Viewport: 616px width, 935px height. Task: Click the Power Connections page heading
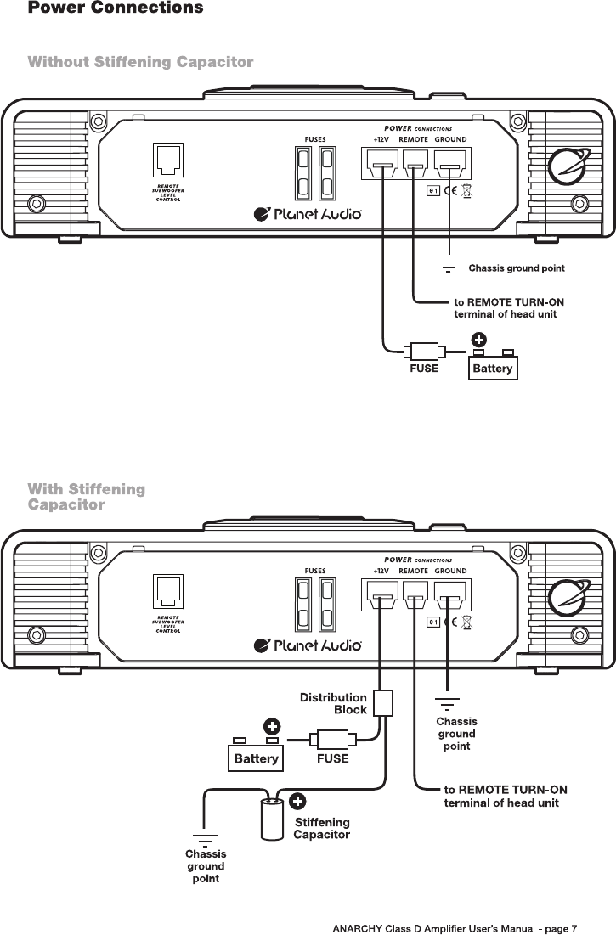click(x=116, y=8)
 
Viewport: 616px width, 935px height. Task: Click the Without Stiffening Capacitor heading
click(x=140, y=62)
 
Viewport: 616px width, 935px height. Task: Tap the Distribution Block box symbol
click(x=384, y=703)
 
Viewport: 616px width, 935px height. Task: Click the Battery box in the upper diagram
click(x=493, y=369)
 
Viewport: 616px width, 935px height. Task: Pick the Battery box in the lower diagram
click(x=256, y=758)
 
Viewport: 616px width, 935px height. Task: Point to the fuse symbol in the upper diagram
click(x=422, y=350)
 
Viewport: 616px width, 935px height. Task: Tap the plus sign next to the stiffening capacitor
click(x=299, y=800)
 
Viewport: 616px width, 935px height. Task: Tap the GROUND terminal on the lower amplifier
click(x=450, y=598)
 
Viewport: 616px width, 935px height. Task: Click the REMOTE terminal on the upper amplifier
click(x=414, y=161)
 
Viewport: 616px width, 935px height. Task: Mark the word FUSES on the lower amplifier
click(x=315, y=571)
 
